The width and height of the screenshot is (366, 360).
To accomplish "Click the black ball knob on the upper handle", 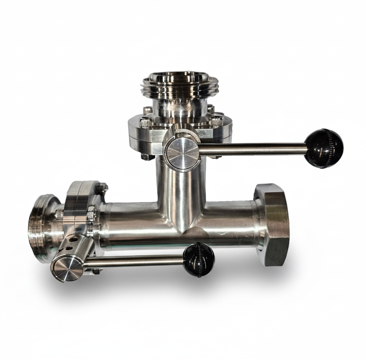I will click(323, 148).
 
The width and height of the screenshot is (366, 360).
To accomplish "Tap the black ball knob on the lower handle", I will click(199, 259).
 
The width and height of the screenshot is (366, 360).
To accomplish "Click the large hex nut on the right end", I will click(271, 224).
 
